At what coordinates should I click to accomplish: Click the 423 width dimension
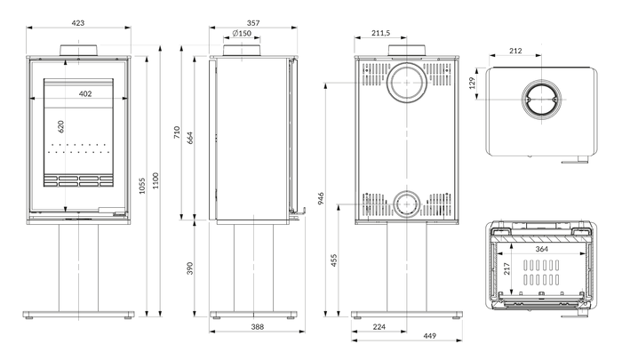78,23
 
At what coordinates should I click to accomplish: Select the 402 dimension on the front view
85,93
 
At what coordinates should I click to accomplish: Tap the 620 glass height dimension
60,126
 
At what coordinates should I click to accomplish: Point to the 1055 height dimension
142,186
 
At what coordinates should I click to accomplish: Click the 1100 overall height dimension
155,180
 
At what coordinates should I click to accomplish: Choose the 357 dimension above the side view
253,23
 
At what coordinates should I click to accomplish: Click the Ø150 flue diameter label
242,34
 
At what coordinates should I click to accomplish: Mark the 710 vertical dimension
177,132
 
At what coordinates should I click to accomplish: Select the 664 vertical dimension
190,138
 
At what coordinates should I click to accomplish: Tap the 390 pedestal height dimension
190,268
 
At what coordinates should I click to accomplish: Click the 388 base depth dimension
258,326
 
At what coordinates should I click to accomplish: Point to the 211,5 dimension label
381,33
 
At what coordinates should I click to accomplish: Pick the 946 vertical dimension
321,198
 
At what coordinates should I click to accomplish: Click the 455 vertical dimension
334,260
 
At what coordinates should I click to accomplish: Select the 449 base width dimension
429,336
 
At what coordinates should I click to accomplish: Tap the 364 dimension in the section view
541,249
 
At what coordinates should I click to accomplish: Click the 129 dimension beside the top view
472,83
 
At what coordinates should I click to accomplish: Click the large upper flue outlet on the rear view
407,83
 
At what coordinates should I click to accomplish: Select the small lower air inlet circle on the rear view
407,204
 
